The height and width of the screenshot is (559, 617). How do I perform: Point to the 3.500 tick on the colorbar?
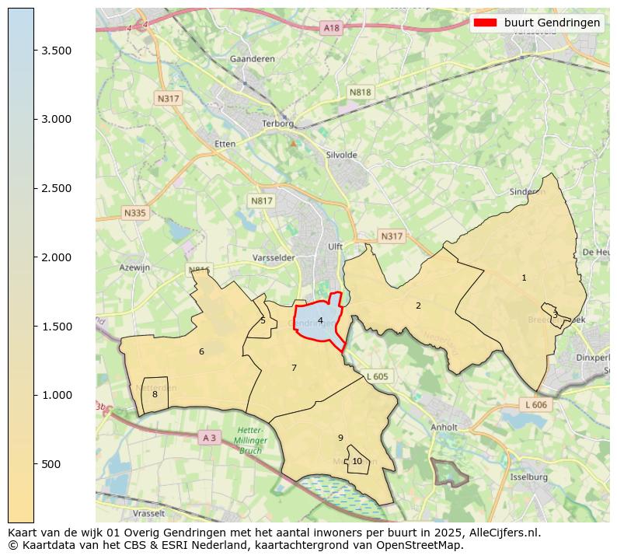34,51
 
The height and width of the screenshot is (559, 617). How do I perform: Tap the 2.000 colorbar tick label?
56,257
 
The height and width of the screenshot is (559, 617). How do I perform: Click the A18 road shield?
332,28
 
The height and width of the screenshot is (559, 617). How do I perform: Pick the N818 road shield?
360,92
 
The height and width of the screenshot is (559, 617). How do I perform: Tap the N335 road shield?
134,212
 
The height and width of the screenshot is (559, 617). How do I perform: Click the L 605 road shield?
377,376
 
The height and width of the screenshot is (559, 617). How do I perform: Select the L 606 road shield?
535,405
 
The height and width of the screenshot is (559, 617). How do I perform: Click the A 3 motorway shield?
209,438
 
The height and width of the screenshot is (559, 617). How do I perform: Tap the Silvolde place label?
343,155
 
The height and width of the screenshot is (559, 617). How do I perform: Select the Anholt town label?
444,427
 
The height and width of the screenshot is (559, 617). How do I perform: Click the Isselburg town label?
529,477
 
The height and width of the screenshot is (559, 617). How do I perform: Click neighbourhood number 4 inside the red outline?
320,320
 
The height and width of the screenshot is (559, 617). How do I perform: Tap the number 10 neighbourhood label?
357,461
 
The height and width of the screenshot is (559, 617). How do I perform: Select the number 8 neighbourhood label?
155,394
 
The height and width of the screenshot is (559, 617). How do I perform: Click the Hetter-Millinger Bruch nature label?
250,440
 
